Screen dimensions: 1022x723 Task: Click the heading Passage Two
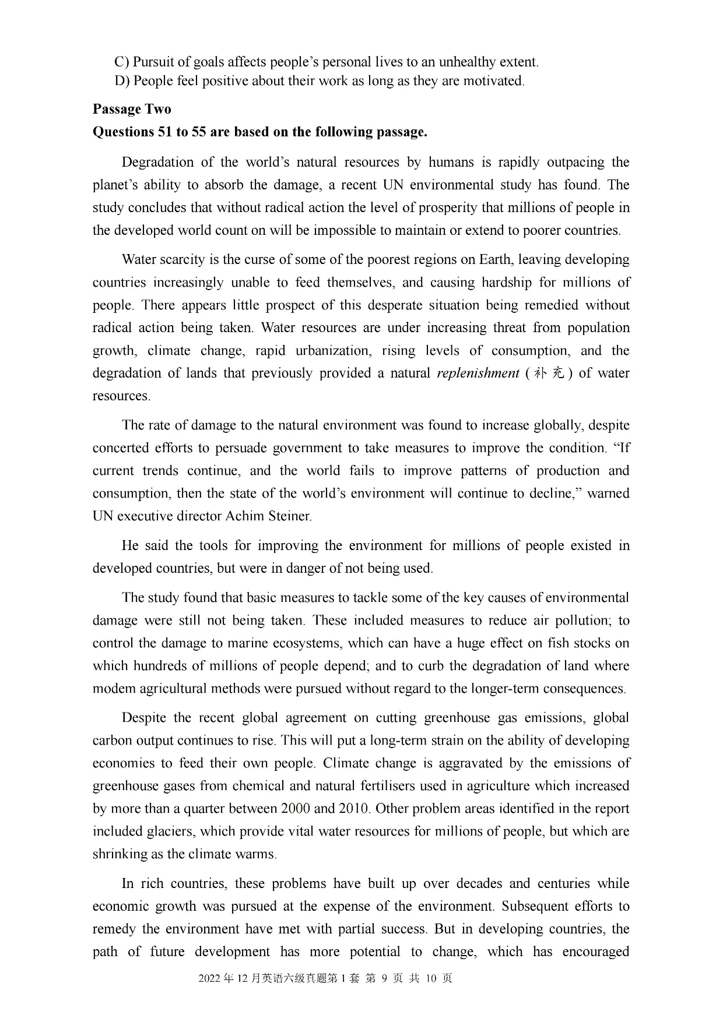[132, 109]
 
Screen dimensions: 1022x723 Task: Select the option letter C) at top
[121, 62]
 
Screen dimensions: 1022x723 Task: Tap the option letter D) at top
[121, 80]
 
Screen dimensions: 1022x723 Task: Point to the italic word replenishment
[478, 373]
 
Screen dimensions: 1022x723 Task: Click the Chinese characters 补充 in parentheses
[549, 373]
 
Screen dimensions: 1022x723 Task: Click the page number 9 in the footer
[384, 978]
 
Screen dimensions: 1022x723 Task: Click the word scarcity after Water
[178, 259]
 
